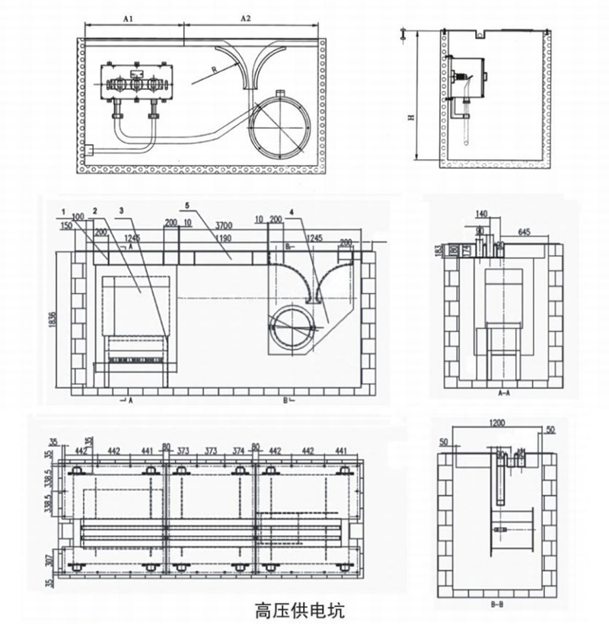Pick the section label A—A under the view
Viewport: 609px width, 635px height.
pyautogui.click(x=503, y=394)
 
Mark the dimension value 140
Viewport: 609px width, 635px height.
pyautogui.click(x=481, y=214)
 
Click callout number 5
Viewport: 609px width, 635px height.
pyautogui.click(x=187, y=206)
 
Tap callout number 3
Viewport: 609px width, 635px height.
pyautogui.click(x=121, y=209)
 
